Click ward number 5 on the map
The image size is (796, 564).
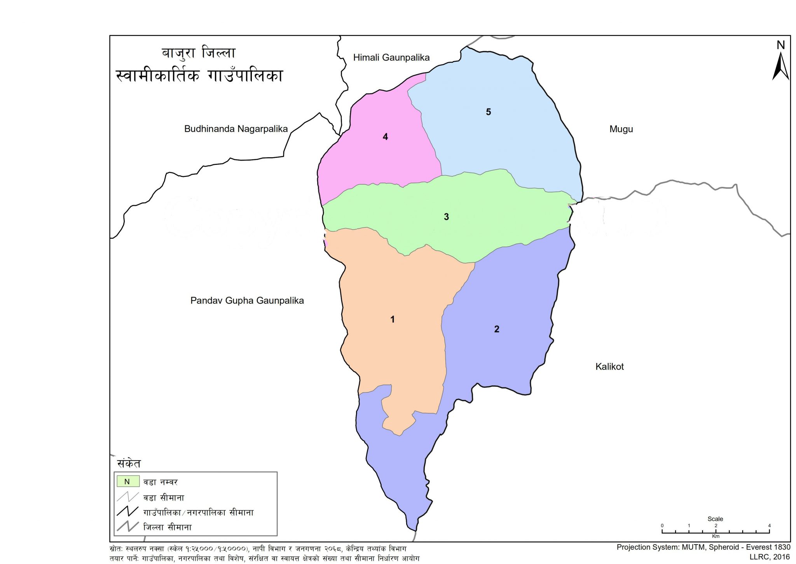(488, 112)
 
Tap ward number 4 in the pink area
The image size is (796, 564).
(385, 137)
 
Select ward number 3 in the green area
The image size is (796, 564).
(446, 217)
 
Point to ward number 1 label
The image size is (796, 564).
(393, 319)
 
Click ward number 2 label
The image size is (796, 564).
(496, 329)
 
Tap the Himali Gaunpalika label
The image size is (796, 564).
(391, 58)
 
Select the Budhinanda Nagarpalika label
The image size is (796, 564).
(236, 129)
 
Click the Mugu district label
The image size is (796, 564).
(621, 129)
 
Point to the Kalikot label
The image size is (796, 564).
(609, 366)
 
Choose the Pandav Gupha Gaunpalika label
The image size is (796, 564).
(247, 301)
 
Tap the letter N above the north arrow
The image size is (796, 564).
(780, 45)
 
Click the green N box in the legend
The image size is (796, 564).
(127, 482)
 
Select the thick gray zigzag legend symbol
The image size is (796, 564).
(127, 527)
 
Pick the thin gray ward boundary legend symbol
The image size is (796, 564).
(127, 497)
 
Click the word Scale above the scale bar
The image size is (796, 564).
(715, 519)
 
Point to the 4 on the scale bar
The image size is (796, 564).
(769, 525)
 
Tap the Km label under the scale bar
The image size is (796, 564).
(716, 536)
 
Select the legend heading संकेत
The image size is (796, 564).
(129, 464)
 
